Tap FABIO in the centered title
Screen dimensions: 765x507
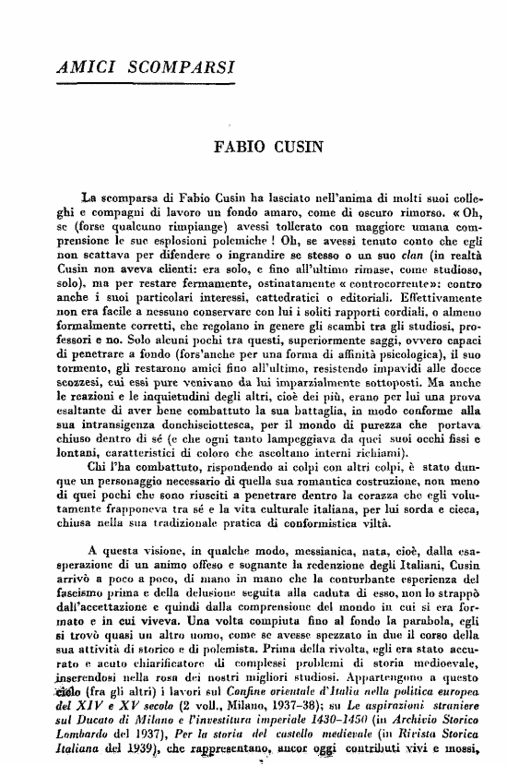click(241, 148)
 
